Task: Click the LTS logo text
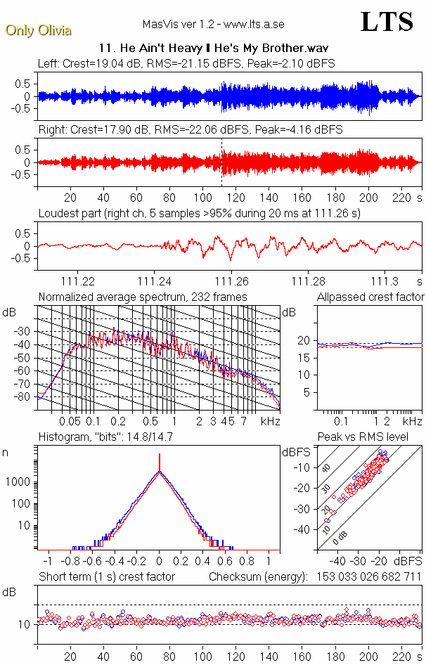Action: pos(387,22)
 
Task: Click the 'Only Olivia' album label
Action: pos(38,30)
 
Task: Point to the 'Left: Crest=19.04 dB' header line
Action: pos(186,63)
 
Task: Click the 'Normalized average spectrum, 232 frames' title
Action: pos(143,297)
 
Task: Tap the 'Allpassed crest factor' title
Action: pos(370,297)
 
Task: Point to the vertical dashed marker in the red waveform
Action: pos(222,162)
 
